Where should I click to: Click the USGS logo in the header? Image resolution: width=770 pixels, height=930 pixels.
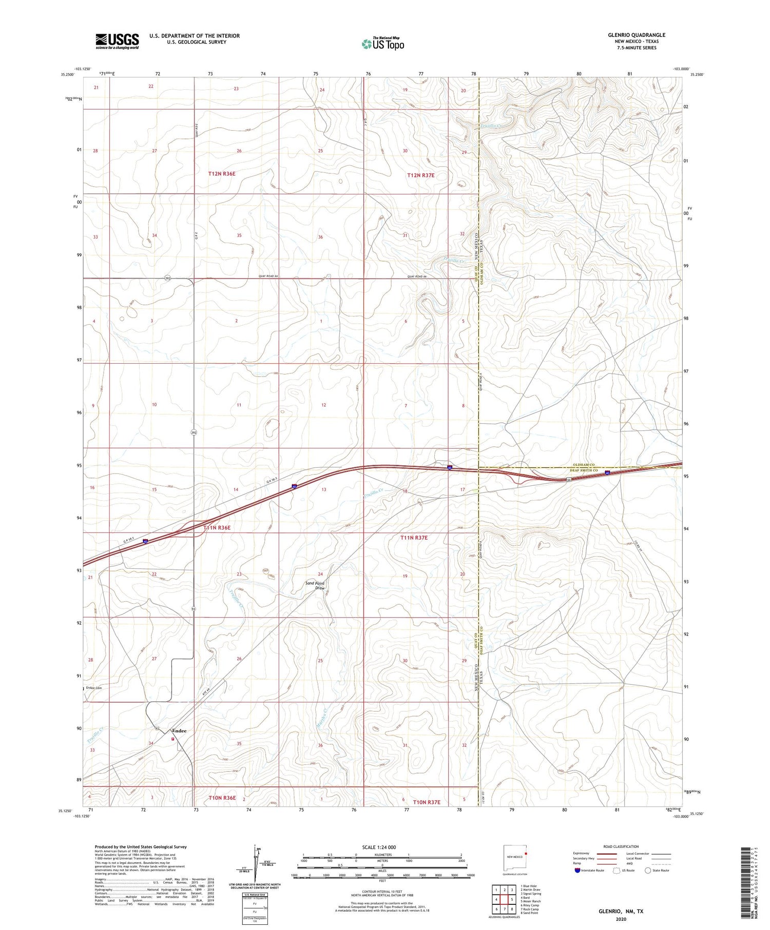click(117, 41)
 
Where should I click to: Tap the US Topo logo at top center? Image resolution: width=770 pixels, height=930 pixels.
click(382, 44)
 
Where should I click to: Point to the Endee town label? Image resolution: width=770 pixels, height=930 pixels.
click(179, 730)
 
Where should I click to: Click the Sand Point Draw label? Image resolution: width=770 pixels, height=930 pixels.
click(315, 586)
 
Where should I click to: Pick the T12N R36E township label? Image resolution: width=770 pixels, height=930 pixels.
click(222, 174)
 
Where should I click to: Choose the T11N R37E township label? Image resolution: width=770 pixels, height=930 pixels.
click(414, 538)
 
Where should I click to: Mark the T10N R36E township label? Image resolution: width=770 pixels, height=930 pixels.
click(222, 798)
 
